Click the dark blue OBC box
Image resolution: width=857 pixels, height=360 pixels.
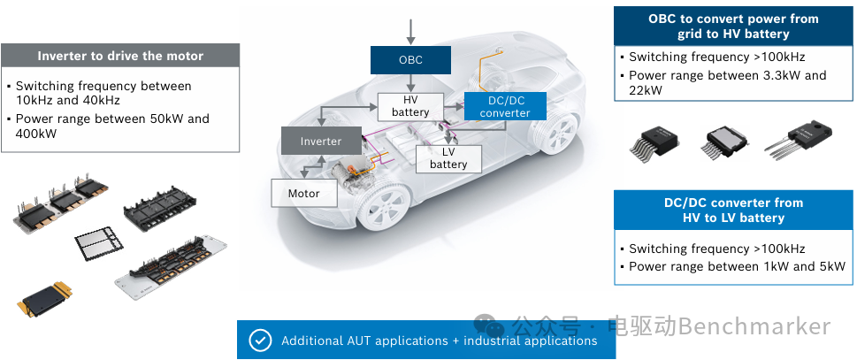[410, 60]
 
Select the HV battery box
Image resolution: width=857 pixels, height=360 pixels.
[409, 107]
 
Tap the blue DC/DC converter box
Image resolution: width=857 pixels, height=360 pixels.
[505, 106]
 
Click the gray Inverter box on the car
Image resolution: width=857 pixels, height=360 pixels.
[321, 141]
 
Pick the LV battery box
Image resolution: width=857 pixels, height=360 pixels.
[448, 158]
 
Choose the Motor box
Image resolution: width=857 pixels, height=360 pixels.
[304, 193]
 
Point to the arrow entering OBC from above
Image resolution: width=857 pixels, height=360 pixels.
[410, 32]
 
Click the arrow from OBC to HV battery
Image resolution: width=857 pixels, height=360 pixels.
[410, 83]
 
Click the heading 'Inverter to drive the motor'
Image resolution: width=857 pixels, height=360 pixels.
[120, 56]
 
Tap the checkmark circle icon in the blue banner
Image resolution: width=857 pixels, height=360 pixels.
[260, 341]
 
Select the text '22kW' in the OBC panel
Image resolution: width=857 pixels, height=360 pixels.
[646, 91]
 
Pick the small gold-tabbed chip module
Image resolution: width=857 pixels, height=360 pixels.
[44, 299]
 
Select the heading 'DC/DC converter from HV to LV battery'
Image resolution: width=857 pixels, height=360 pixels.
[733, 211]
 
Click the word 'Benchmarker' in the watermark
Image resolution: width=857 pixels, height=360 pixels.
[754, 326]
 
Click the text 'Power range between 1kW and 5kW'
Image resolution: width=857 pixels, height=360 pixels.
[738, 266]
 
